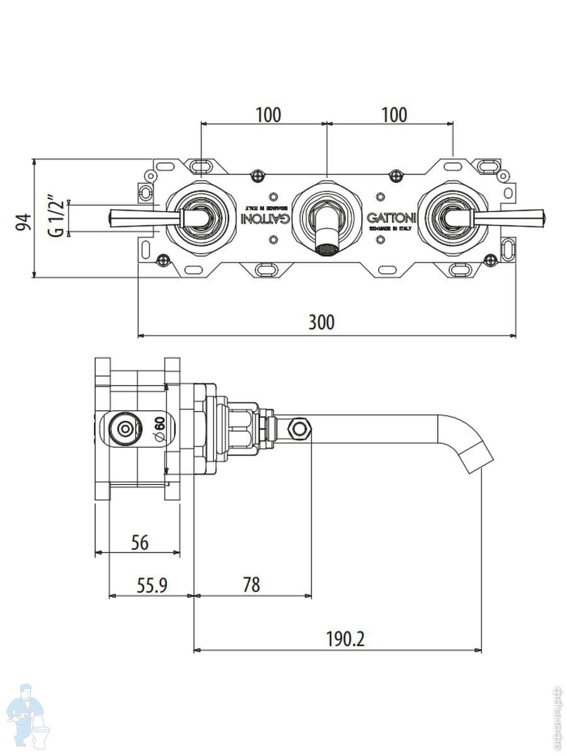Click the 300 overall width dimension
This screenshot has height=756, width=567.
321,322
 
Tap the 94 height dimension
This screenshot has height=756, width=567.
23,222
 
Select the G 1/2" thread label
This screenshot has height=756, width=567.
56,218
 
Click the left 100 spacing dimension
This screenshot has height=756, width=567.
268,115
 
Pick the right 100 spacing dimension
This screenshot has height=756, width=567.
394,115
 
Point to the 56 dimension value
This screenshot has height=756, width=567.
139,542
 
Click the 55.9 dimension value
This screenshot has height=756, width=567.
151,585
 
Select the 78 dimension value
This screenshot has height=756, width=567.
251,585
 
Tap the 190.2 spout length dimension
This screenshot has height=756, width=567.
345,639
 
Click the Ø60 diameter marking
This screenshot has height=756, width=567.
158,428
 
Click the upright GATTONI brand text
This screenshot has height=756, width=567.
391,218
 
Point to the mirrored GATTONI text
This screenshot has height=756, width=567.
266,218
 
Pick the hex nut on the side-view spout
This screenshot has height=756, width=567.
299,429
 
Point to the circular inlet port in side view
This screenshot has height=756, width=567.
124,429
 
